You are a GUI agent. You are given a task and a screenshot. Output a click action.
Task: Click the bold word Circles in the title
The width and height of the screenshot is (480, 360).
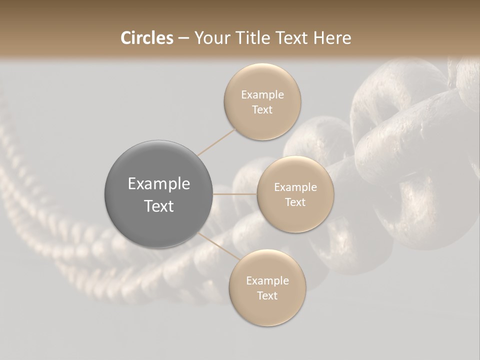click(x=146, y=38)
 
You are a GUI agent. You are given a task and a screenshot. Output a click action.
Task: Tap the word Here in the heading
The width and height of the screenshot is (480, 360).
click(x=332, y=38)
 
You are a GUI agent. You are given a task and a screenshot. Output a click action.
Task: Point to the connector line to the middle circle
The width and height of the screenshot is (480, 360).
click(x=235, y=194)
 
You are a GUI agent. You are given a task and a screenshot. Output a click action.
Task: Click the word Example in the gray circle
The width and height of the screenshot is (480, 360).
click(x=158, y=183)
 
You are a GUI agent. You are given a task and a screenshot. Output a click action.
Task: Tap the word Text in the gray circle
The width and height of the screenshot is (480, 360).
click(x=158, y=205)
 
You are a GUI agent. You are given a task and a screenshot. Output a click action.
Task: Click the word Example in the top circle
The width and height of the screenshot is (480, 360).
click(x=262, y=94)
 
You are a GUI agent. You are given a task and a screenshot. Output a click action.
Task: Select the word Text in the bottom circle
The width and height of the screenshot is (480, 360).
click(x=267, y=295)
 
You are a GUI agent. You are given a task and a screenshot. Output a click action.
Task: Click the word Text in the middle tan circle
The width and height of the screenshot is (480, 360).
click(x=295, y=202)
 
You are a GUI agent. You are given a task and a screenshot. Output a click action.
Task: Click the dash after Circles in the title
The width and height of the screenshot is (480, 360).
click(x=183, y=38)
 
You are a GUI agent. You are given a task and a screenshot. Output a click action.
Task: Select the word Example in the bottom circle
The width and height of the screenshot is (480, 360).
click(x=267, y=280)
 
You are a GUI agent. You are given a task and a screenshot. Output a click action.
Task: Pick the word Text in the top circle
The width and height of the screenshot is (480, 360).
click(x=262, y=109)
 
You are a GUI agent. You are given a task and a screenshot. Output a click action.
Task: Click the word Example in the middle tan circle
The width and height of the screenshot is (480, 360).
click(x=295, y=187)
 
